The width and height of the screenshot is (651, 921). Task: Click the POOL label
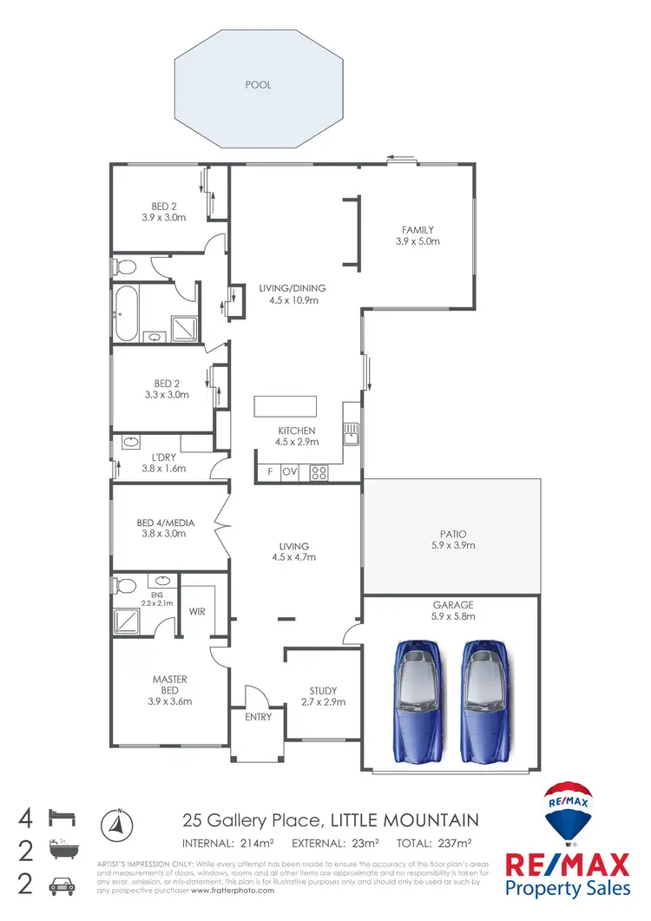258,85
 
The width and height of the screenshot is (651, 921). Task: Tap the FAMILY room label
418,229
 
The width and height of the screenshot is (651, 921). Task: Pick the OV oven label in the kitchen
290,473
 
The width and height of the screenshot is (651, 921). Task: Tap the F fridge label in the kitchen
270,473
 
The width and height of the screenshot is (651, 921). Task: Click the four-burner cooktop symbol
319,473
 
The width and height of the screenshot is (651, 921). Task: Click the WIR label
198,611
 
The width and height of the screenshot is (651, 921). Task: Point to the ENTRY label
259,717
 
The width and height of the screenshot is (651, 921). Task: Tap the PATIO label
452,534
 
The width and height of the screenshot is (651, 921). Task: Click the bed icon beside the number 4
62,818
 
